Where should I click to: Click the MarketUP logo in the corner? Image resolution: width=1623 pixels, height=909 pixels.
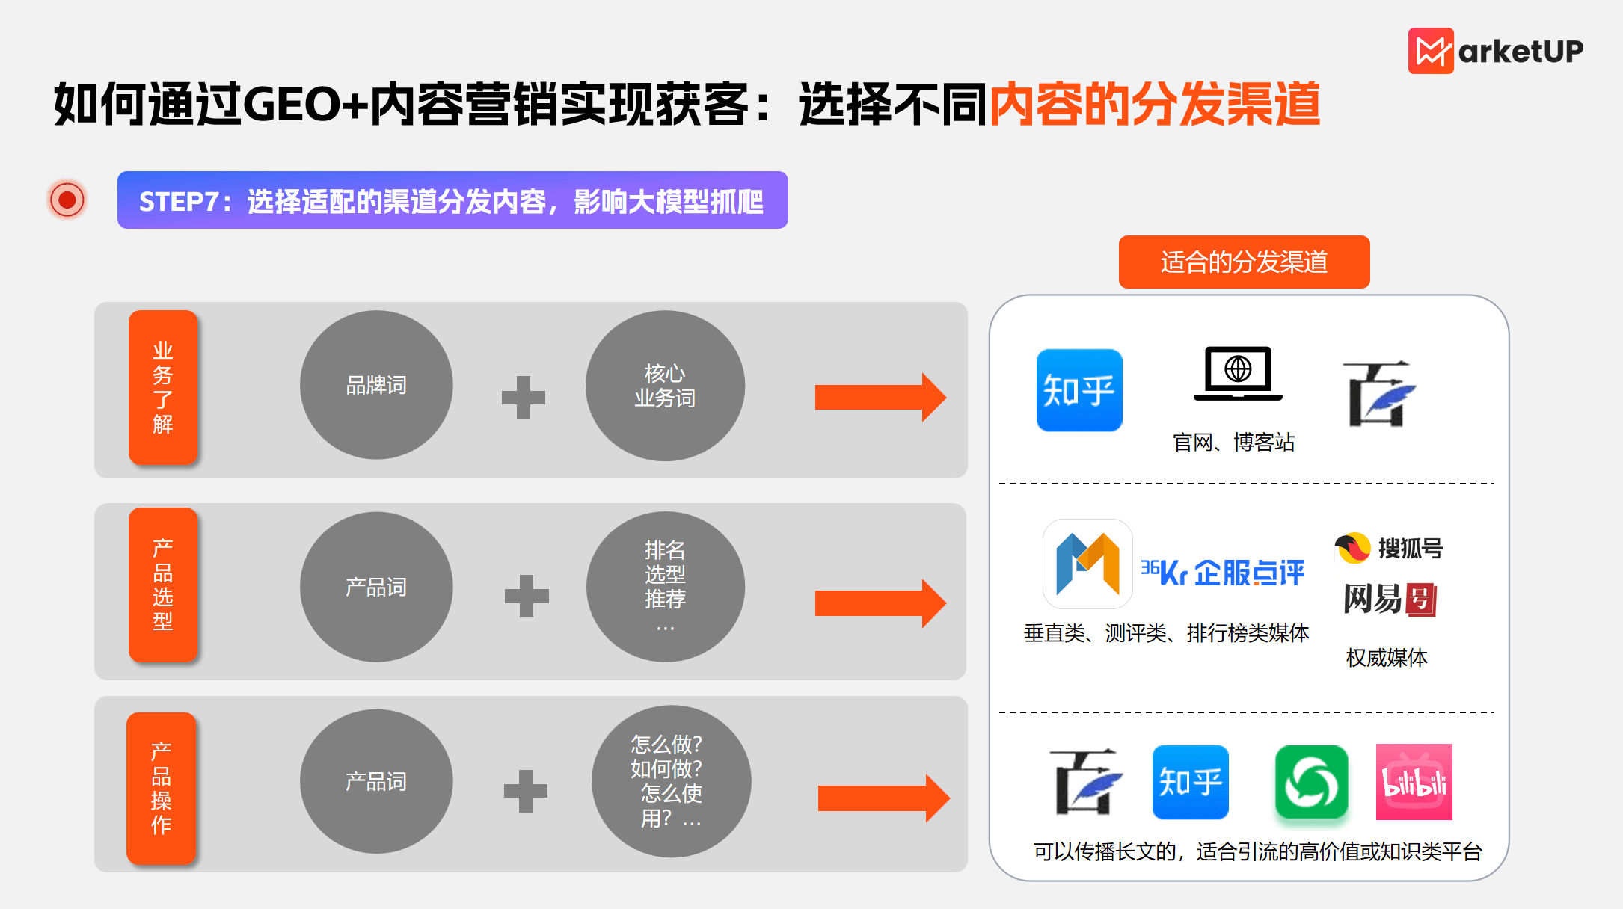(x=1495, y=51)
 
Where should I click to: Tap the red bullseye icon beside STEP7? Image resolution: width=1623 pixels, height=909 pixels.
(x=67, y=200)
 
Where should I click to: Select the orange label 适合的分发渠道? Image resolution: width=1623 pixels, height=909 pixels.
(x=1244, y=262)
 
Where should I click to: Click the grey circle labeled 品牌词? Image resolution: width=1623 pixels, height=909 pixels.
(x=376, y=385)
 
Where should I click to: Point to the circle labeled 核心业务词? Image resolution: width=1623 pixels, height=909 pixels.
(x=665, y=386)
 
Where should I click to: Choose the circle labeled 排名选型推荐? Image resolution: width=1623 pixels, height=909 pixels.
(x=665, y=586)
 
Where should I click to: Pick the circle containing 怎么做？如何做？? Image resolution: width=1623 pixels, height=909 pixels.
(x=671, y=781)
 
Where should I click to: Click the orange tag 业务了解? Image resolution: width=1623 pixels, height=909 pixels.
(x=163, y=387)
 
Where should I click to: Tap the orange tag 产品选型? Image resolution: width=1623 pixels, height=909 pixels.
(x=163, y=585)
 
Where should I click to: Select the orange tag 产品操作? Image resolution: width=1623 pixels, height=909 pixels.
(x=162, y=788)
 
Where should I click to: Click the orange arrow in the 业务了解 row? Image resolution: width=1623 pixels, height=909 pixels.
(x=880, y=397)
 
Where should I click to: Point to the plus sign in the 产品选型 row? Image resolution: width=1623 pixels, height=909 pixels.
(x=527, y=596)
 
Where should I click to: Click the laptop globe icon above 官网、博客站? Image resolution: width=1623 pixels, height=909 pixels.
(x=1238, y=373)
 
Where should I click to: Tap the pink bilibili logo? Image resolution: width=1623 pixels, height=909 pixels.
(x=1414, y=782)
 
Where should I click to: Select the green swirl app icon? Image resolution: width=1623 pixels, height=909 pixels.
(x=1312, y=782)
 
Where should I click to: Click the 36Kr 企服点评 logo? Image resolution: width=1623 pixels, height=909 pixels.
(x=1222, y=573)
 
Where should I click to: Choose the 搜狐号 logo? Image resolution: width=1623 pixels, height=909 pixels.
(x=1388, y=548)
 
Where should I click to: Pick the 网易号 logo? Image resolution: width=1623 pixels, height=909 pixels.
(x=1390, y=599)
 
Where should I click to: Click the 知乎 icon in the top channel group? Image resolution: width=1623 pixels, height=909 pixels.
(x=1079, y=390)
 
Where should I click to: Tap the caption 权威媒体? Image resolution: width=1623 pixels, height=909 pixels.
(x=1387, y=657)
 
